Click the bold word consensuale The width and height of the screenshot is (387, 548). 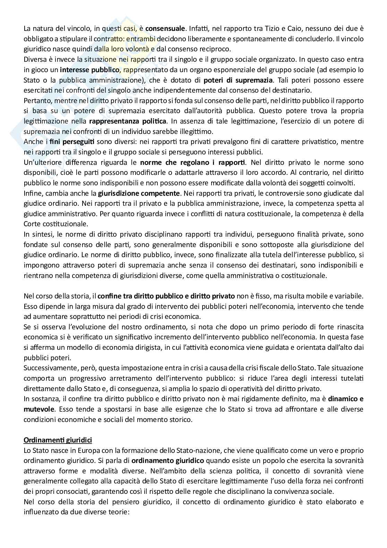(x=166, y=28)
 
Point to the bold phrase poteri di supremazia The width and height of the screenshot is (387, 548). (x=238, y=80)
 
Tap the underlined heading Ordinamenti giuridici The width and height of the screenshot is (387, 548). (x=58, y=441)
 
